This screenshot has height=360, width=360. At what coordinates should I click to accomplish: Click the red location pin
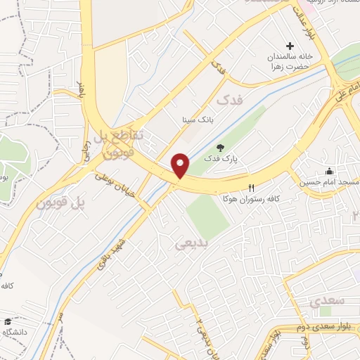tap(181, 166)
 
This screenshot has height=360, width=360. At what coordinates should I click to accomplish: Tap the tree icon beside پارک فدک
tap(220, 148)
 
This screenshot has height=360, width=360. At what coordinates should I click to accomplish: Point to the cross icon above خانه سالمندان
tap(289, 45)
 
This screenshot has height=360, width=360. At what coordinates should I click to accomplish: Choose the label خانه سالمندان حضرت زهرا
tap(288, 61)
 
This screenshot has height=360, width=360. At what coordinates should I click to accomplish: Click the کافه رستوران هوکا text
tap(250, 199)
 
